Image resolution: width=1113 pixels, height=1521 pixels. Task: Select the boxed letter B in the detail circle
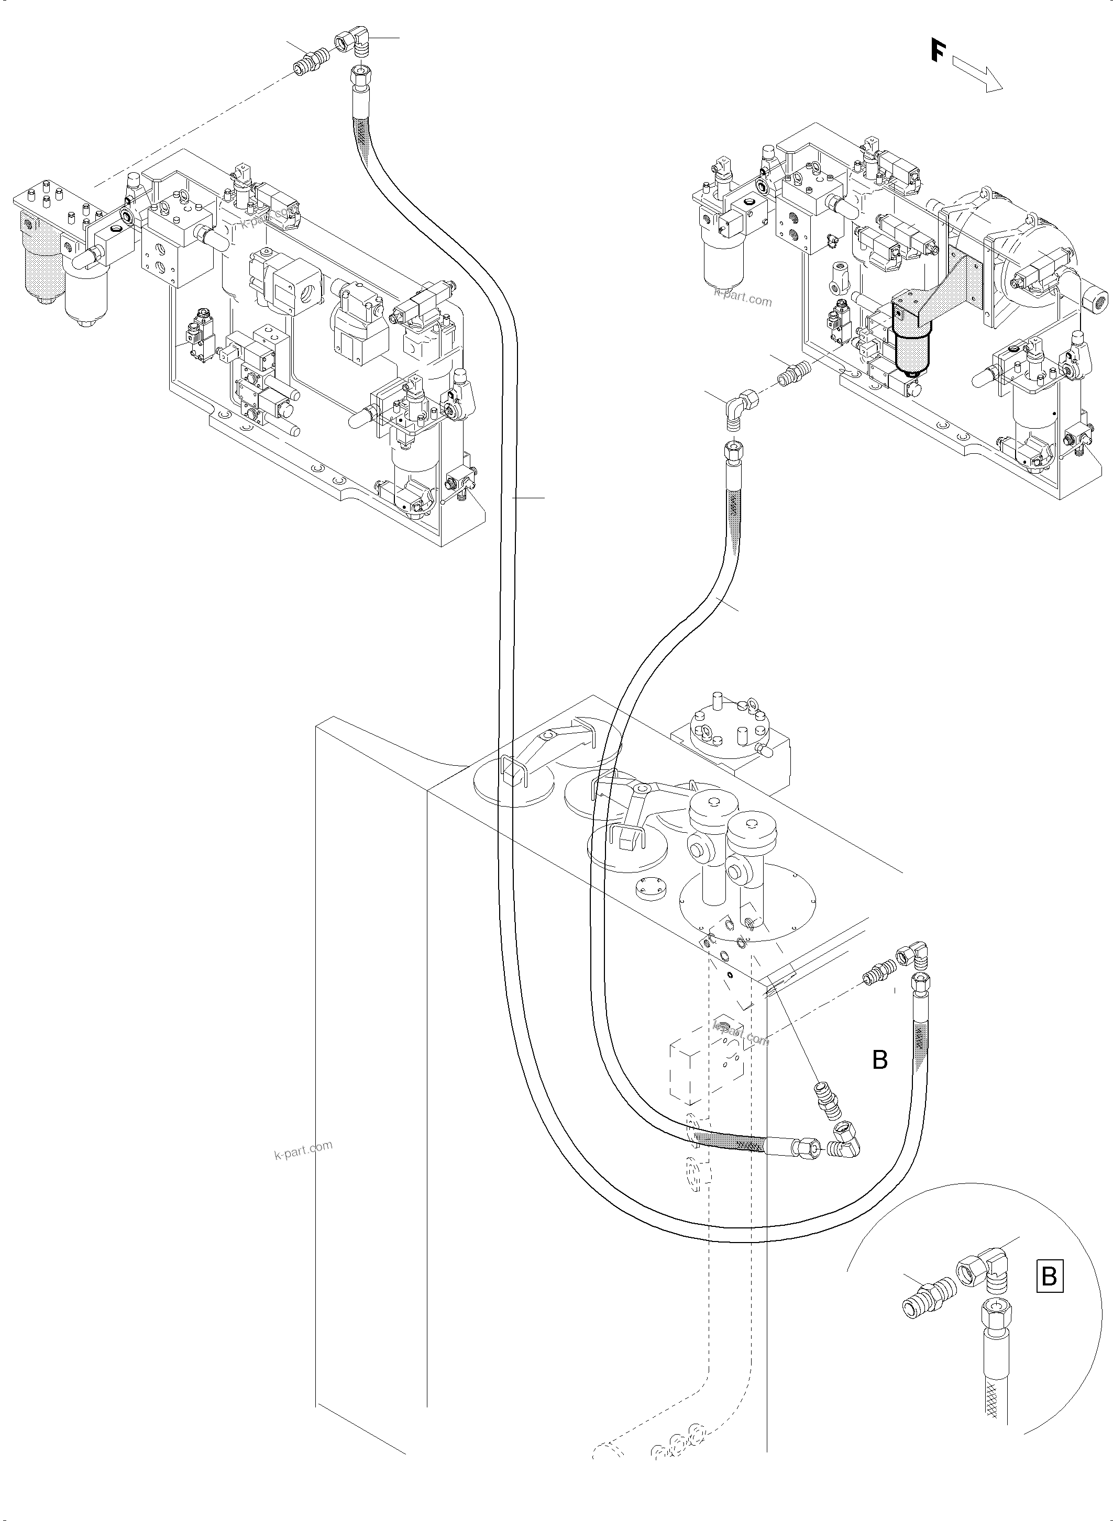(x=1049, y=1277)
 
